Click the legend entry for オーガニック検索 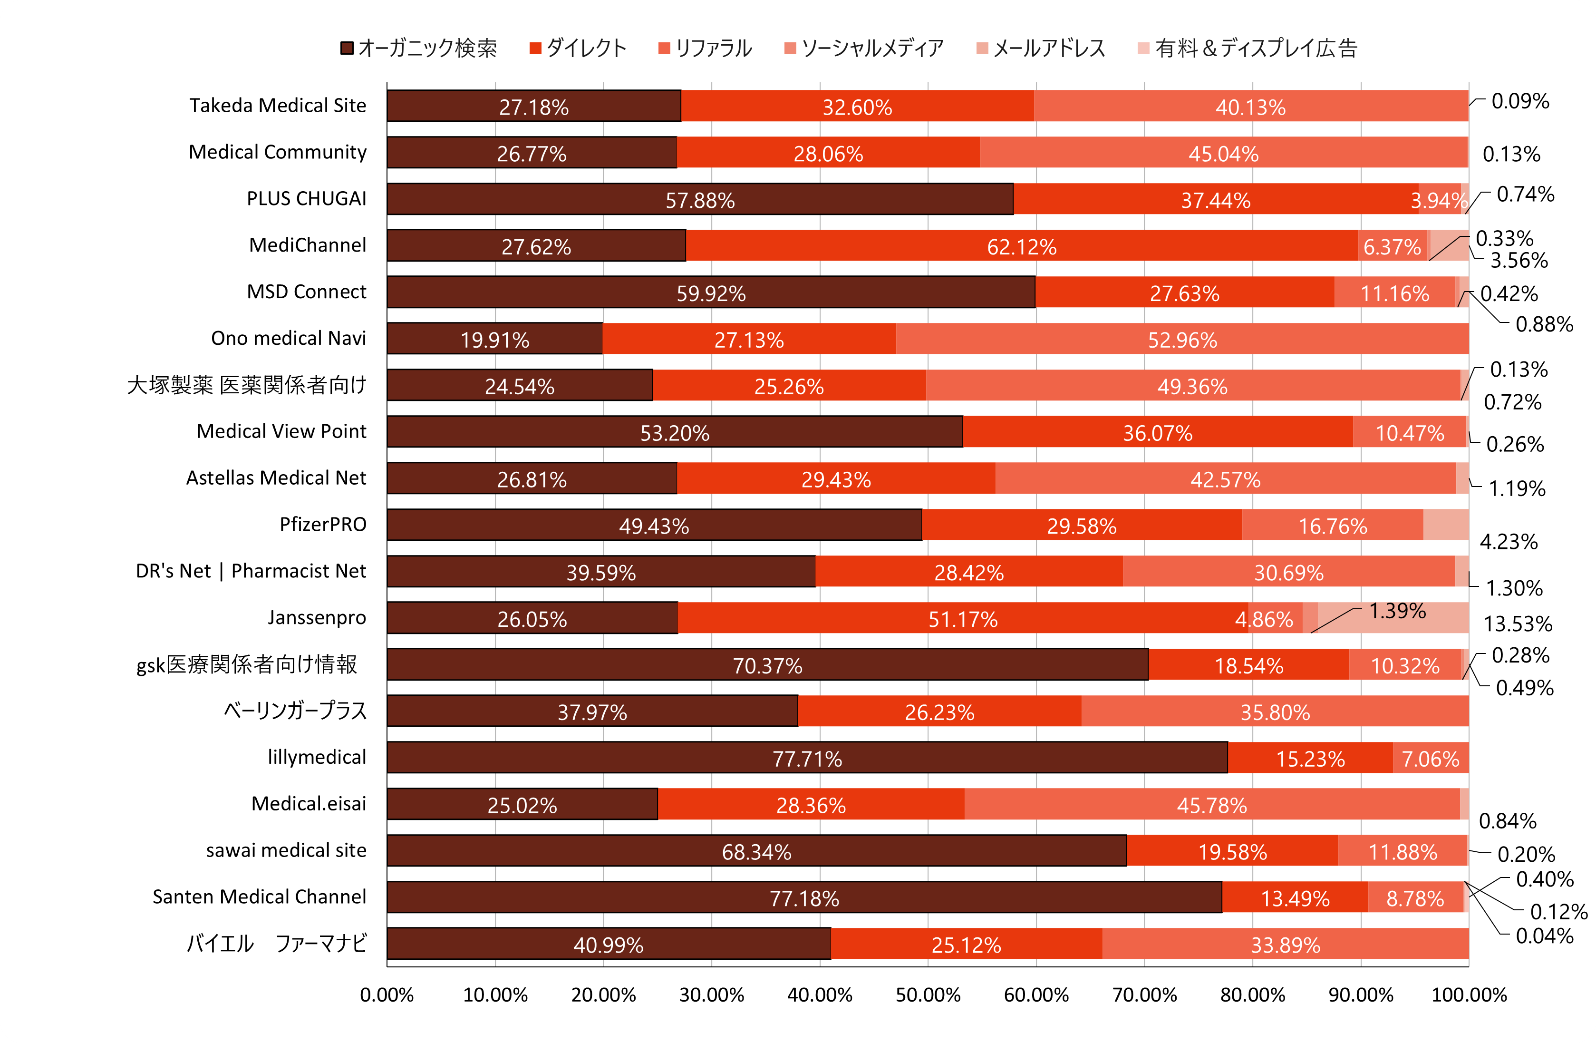click(x=419, y=49)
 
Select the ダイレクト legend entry click(x=578, y=49)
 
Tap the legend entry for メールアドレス click(x=1042, y=49)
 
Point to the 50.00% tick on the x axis click(x=928, y=994)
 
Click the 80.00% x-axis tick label click(x=1253, y=994)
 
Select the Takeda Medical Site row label click(x=278, y=105)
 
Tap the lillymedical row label click(x=317, y=757)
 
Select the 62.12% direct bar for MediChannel click(x=1021, y=245)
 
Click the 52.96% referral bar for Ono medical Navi click(x=1182, y=339)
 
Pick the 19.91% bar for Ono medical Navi click(x=495, y=339)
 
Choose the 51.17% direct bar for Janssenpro click(x=962, y=618)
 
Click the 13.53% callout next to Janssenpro click(x=1518, y=624)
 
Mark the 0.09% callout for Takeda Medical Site click(x=1519, y=101)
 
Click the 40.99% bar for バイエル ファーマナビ click(x=608, y=944)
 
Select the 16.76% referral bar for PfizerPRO click(x=1333, y=525)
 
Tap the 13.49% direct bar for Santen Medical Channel click(x=1295, y=897)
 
